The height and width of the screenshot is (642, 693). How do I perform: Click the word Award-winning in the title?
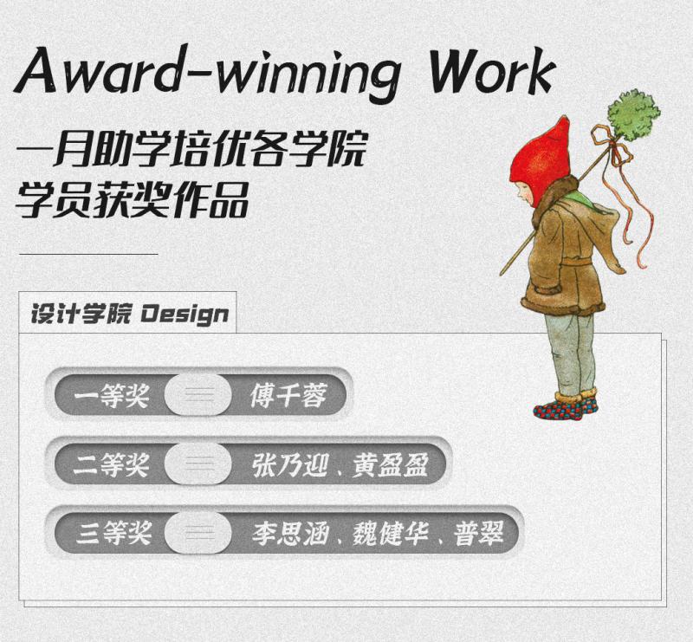[x=209, y=74]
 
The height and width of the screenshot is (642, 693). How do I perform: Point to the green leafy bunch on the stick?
[x=633, y=113]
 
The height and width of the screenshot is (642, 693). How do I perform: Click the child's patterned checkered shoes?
[x=566, y=407]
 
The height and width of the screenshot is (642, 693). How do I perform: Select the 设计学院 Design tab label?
[x=129, y=315]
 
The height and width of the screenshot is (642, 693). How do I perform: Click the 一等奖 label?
[x=112, y=395]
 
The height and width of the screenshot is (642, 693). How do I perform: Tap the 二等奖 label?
[x=112, y=464]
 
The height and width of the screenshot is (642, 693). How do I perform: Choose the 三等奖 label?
[x=113, y=533]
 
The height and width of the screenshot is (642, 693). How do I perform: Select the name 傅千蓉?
[x=289, y=395]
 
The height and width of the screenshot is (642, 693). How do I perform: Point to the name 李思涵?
[x=290, y=533]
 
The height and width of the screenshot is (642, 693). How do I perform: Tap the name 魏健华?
[x=391, y=533]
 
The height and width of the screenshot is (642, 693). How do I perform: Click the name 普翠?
[x=479, y=533]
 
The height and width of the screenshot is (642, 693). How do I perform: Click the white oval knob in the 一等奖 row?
[x=198, y=394]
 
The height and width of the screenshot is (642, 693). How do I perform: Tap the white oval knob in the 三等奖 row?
[x=198, y=532]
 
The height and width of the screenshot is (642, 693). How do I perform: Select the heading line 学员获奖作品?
[x=132, y=200]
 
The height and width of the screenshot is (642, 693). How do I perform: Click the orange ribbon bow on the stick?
[x=612, y=146]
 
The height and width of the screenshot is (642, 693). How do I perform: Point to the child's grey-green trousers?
[x=570, y=353]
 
